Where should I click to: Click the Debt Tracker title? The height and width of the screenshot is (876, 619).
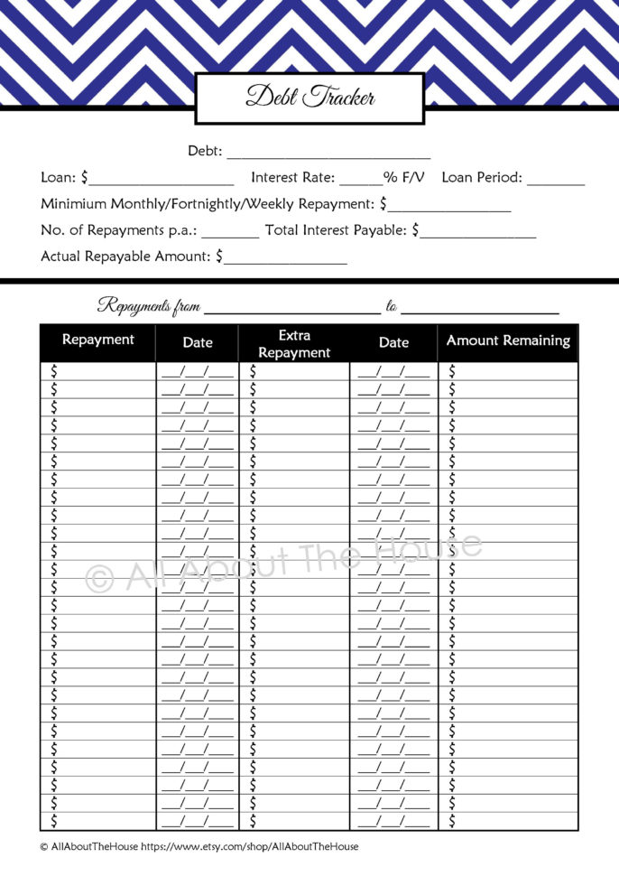click(x=309, y=98)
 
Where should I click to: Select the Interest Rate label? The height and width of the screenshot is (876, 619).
click(x=292, y=178)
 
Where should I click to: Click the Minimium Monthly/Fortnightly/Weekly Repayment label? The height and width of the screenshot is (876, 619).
click(x=208, y=204)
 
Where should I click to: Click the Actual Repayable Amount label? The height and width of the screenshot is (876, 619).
click(x=126, y=256)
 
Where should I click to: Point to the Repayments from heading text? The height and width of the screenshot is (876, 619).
click(x=149, y=306)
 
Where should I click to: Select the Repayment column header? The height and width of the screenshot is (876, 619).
click(x=97, y=340)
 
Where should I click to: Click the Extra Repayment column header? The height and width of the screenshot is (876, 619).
click(x=294, y=344)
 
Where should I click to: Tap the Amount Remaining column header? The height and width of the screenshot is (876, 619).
click(x=508, y=340)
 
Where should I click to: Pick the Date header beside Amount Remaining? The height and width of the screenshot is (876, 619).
click(x=393, y=342)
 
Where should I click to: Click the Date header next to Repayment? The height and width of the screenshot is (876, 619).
click(x=198, y=342)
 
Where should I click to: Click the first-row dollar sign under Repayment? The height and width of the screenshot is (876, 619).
click(x=54, y=370)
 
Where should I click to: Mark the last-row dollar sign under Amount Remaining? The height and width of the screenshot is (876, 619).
click(x=452, y=821)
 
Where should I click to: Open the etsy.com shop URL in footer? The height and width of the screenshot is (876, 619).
click(x=250, y=846)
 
